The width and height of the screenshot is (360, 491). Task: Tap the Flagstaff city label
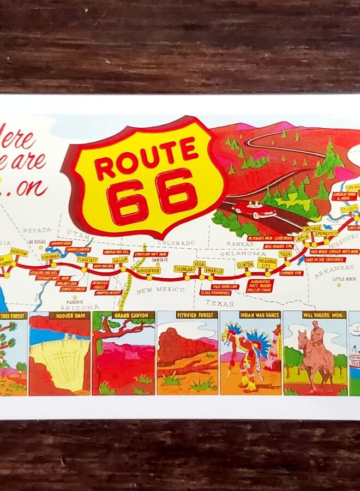pyautogui.click(x=87, y=260)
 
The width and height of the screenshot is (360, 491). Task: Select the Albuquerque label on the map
pyautogui.click(x=148, y=270)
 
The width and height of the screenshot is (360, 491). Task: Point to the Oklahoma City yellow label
pyautogui.click(x=267, y=263)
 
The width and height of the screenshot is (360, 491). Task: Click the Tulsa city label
pyautogui.click(x=285, y=254)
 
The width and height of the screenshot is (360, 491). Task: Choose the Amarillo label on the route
pyautogui.click(x=215, y=271)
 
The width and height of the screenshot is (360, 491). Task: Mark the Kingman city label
pyautogui.click(x=51, y=256)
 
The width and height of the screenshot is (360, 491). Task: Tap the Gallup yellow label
pyautogui.click(x=120, y=260)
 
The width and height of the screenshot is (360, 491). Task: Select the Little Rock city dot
pyautogui.click(x=338, y=285)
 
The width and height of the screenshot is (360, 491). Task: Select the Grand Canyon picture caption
pyautogui.click(x=133, y=315)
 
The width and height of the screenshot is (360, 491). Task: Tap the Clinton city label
pyautogui.click(x=245, y=265)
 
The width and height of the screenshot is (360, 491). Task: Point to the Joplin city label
pyautogui.click(x=302, y=238)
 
